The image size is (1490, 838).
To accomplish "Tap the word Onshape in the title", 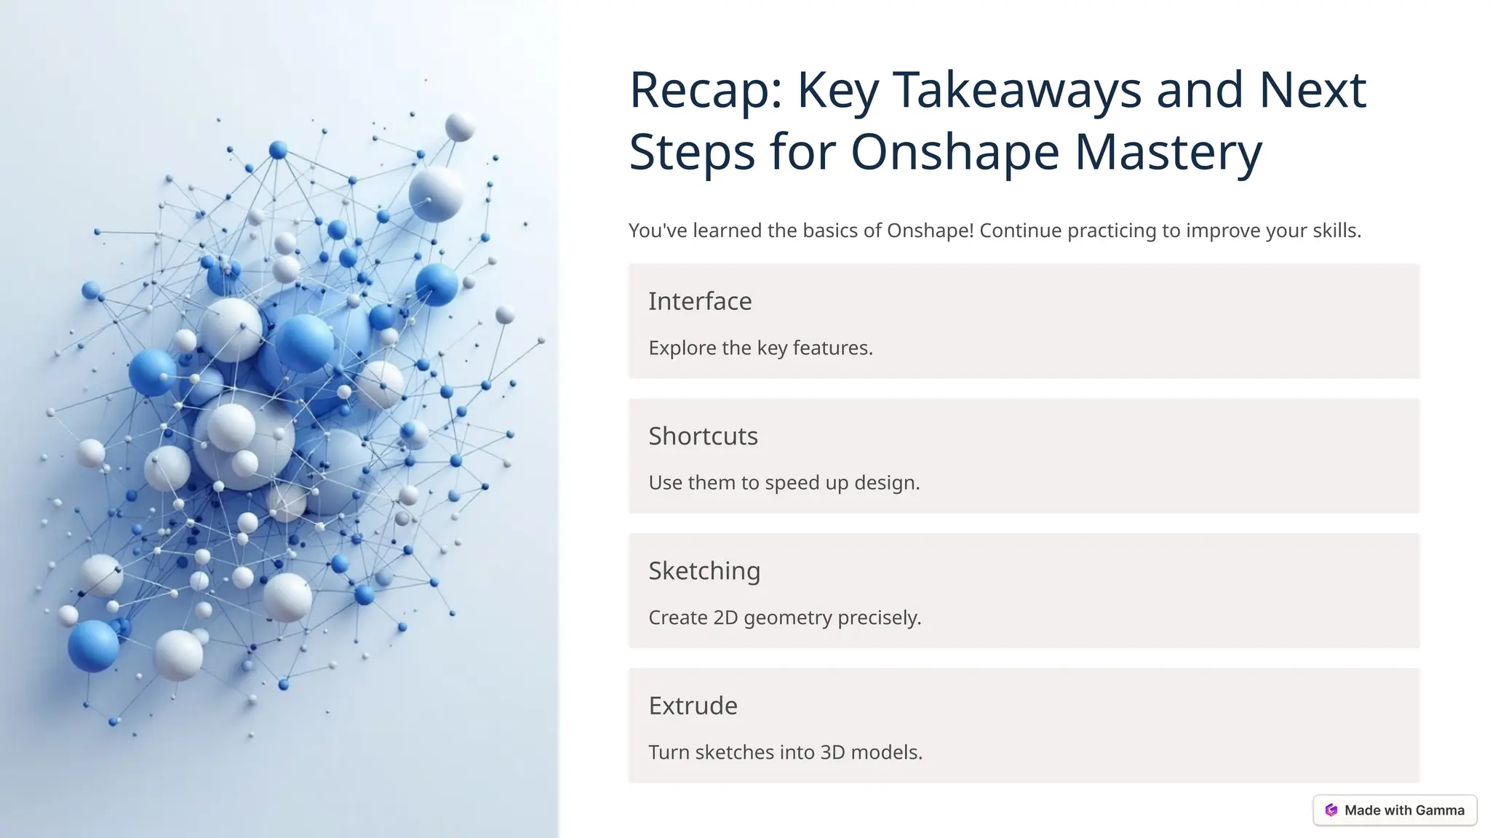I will (955, 153).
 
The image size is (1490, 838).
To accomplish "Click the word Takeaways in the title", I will (1017, 91).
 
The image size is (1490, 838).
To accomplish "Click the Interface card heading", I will (700, 301).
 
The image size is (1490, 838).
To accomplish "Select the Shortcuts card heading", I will (703, 436).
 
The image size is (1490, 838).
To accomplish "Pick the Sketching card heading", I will (704, 571).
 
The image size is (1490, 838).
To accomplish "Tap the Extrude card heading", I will (693, 706).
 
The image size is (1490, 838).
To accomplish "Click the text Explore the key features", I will (760, 348).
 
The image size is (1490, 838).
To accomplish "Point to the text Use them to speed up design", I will (784, 482).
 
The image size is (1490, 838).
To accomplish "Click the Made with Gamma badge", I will (1395, 810).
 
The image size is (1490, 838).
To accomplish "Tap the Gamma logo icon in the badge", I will (1331, 810).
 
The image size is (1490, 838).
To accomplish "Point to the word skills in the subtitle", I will (1336, 231).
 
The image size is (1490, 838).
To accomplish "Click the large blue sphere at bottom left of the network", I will (93, 645).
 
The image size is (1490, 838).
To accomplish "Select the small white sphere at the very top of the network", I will (460, 127).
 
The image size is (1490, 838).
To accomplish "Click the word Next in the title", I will (1312, 91).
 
